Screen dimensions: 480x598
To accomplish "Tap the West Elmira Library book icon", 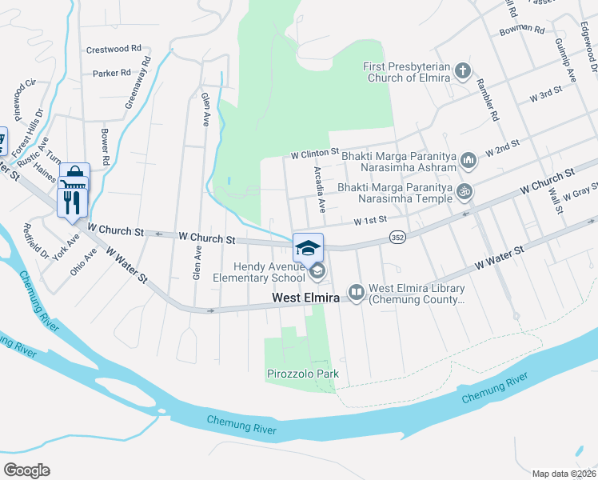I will click(x=356, y=293).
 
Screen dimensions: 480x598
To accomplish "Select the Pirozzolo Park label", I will click(x=302, y=374).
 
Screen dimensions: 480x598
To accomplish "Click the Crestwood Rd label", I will click(x=114, y=49).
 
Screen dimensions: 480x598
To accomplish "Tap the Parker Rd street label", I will click(x=111, y=73).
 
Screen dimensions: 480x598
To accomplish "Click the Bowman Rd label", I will click(x=521, y=30).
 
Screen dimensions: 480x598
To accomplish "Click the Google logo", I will click(x=26, y=470).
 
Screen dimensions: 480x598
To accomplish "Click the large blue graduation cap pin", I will click(x=308, y=247).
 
